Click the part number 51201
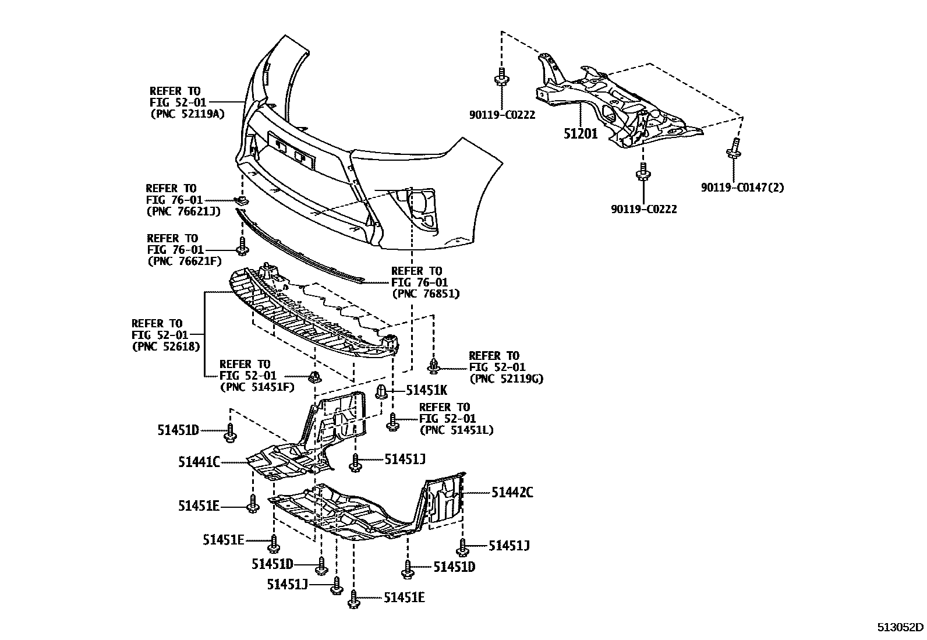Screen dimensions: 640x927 580,133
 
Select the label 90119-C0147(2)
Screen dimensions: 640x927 742,188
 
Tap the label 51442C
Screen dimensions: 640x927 512,493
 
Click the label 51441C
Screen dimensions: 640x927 199,462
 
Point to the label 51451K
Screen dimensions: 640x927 426,391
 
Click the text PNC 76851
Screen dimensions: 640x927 426,294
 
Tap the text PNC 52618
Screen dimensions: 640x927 167,346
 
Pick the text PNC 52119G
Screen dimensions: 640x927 505,379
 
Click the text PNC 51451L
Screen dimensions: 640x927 456,430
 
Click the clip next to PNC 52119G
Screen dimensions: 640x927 434,366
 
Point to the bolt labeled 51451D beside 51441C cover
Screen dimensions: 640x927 231,432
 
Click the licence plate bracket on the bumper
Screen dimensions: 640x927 289,151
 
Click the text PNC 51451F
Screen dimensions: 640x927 257,387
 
